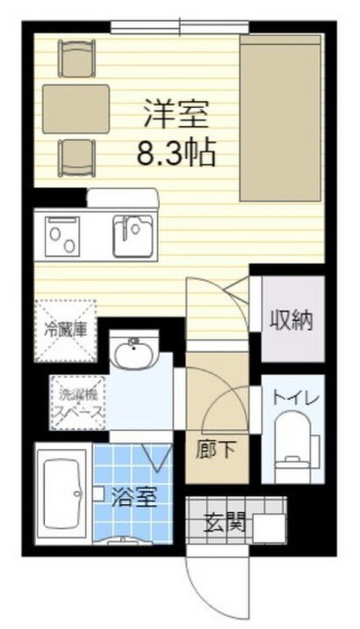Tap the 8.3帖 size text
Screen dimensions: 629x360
pyautogui.click(x=176, y=153)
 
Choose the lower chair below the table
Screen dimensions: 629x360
pyautogui.click(x=77, y=158)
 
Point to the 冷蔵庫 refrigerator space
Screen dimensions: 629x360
pyautogui.click(x=66, y=329)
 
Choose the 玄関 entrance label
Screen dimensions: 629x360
pyautogui.click(x=225, y=524)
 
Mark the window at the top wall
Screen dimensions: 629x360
pyautogui.click(x=179, y=26)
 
